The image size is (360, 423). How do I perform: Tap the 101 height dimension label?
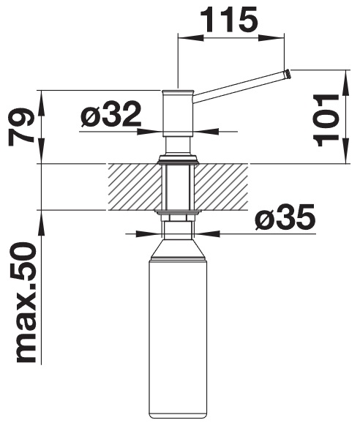tap(326, 121)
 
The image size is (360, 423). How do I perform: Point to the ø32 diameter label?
tap(110, 114)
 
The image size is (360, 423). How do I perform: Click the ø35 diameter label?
tap(285, 217)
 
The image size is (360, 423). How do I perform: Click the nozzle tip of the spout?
tap(288, 74)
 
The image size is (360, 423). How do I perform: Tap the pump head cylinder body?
tap(178, 113)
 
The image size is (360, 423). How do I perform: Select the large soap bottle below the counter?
tap(178, 332)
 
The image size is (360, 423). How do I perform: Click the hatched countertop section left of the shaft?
tap(135, 187)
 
